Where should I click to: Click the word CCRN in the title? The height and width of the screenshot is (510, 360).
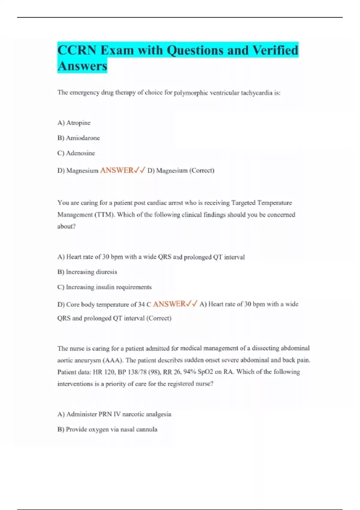[76, 50]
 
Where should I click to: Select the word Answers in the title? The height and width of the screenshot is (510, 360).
[82, 66]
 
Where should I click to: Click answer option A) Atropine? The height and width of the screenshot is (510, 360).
[74, 123]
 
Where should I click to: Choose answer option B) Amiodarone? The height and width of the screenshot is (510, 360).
[79, 138]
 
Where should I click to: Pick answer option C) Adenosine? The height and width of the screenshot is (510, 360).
[76, 153]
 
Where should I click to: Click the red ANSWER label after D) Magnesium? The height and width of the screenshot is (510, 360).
[117, 170]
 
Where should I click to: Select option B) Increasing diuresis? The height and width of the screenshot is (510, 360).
[87, 272]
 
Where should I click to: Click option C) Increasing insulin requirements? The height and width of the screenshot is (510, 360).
[104, 287]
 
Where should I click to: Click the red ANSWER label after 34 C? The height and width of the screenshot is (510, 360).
[169, 304]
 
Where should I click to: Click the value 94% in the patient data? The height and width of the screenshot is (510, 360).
[190, 372]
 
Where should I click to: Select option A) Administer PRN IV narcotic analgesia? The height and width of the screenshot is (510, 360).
[114, 414]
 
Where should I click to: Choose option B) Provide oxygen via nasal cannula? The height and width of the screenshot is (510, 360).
[107, 429]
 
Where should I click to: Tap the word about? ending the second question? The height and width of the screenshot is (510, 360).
[66, 226]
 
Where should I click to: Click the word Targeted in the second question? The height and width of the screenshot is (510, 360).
[243, 203]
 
